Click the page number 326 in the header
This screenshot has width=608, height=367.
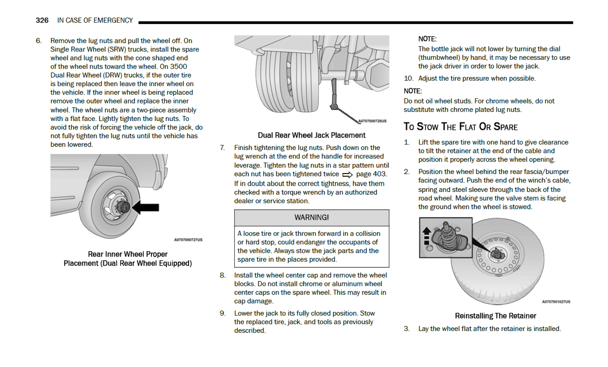coord(42,20)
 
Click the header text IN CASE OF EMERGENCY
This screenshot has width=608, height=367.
coord(95,20)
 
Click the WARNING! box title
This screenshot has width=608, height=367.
coord(311,218)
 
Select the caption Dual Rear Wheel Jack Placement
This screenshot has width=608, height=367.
coord(311,135)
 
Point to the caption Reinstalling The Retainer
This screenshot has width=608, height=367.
coord(495,316)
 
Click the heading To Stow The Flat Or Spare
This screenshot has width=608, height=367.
coord(461,127)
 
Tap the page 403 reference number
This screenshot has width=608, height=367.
coord(371,174)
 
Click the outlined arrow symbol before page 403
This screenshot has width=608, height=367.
coord(347,174)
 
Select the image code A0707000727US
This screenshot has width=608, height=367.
coord(188,240)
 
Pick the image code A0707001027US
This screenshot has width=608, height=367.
coord(556,302)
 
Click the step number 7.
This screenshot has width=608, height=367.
coord(222,148)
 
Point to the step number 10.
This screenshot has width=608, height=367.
coord(408,78)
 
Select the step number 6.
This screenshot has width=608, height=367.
coord(38,41)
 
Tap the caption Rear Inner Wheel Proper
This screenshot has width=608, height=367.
coord(127,254)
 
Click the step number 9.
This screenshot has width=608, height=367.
coord(222,313)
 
